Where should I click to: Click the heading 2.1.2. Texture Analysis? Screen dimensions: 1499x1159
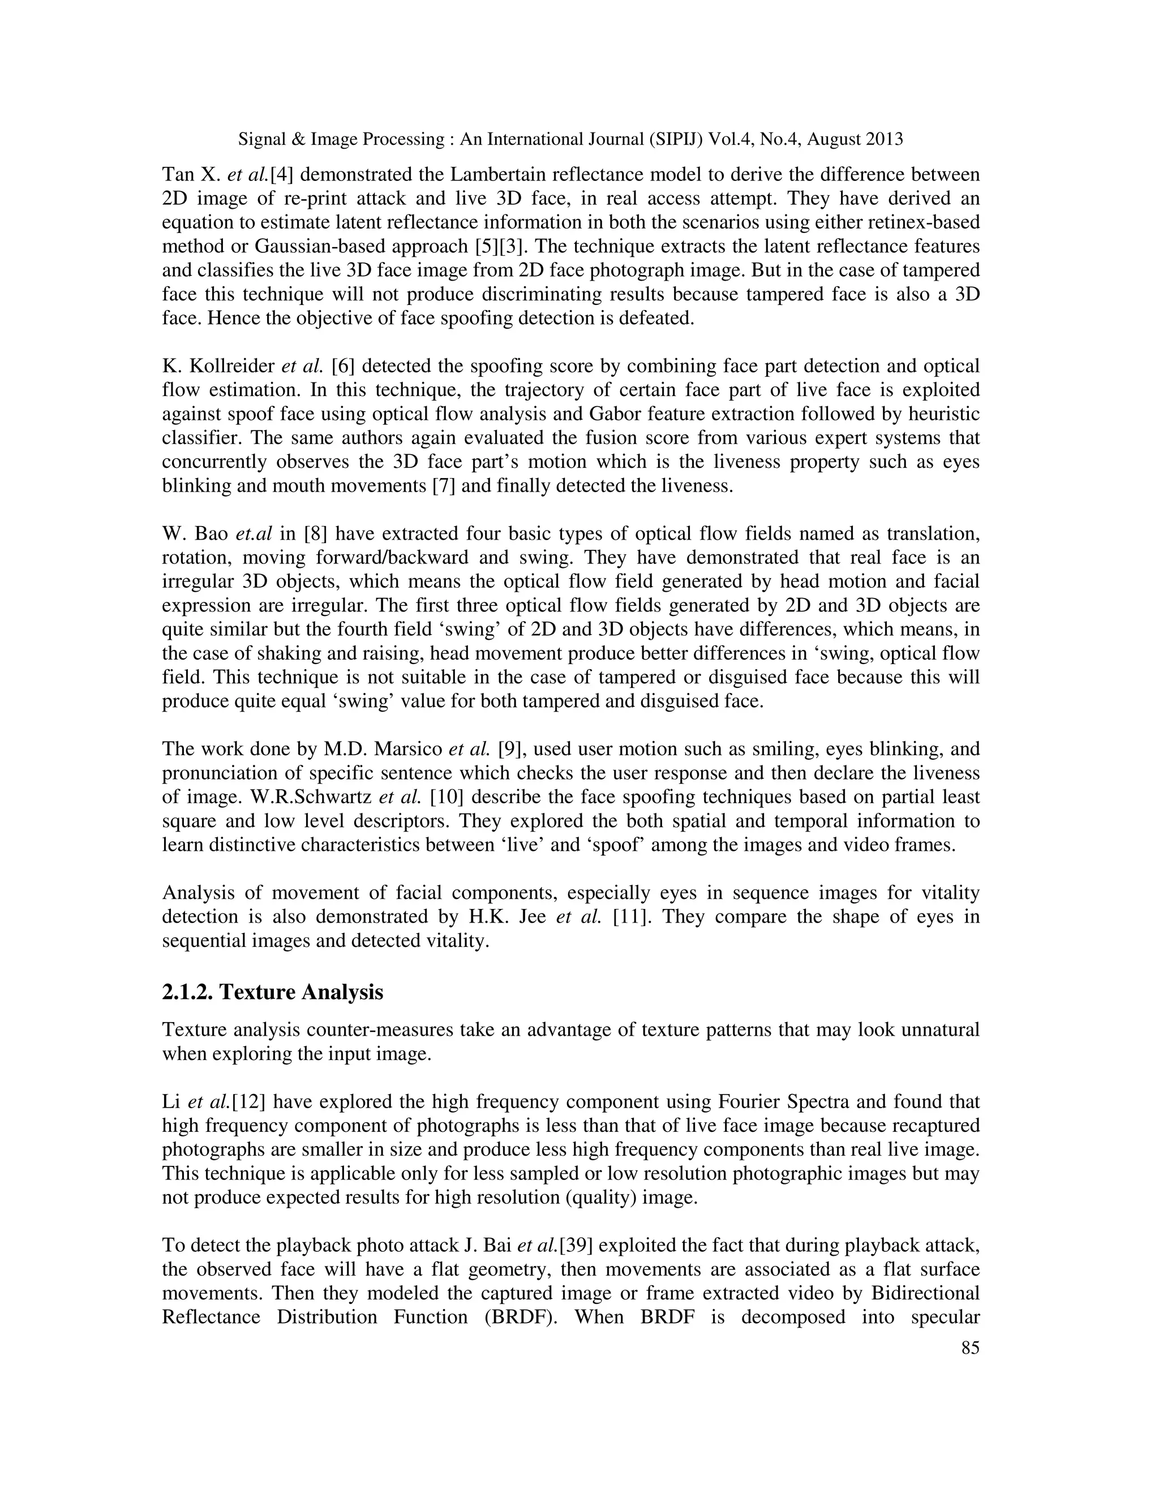273,992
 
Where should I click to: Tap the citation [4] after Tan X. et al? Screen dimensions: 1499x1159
282,174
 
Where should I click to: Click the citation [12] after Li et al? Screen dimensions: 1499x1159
249,1101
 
